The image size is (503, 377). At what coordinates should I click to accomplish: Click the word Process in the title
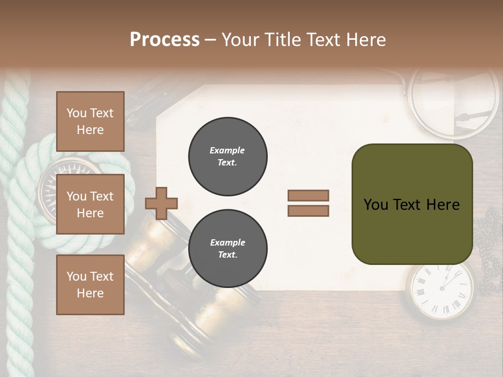165,40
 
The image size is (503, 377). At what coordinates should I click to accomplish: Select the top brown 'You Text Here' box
90,121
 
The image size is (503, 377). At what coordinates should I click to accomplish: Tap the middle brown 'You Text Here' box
90,204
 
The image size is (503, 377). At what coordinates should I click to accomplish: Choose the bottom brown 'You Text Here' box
90,284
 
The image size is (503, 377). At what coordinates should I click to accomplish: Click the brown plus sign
161,203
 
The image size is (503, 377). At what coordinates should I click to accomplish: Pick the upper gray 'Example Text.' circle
227,156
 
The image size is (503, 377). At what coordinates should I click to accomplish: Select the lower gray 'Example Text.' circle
227,248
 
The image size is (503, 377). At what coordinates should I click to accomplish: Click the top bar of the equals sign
308,195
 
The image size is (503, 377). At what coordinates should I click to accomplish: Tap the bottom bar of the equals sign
308,210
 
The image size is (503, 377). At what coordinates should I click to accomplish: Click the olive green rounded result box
412,204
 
